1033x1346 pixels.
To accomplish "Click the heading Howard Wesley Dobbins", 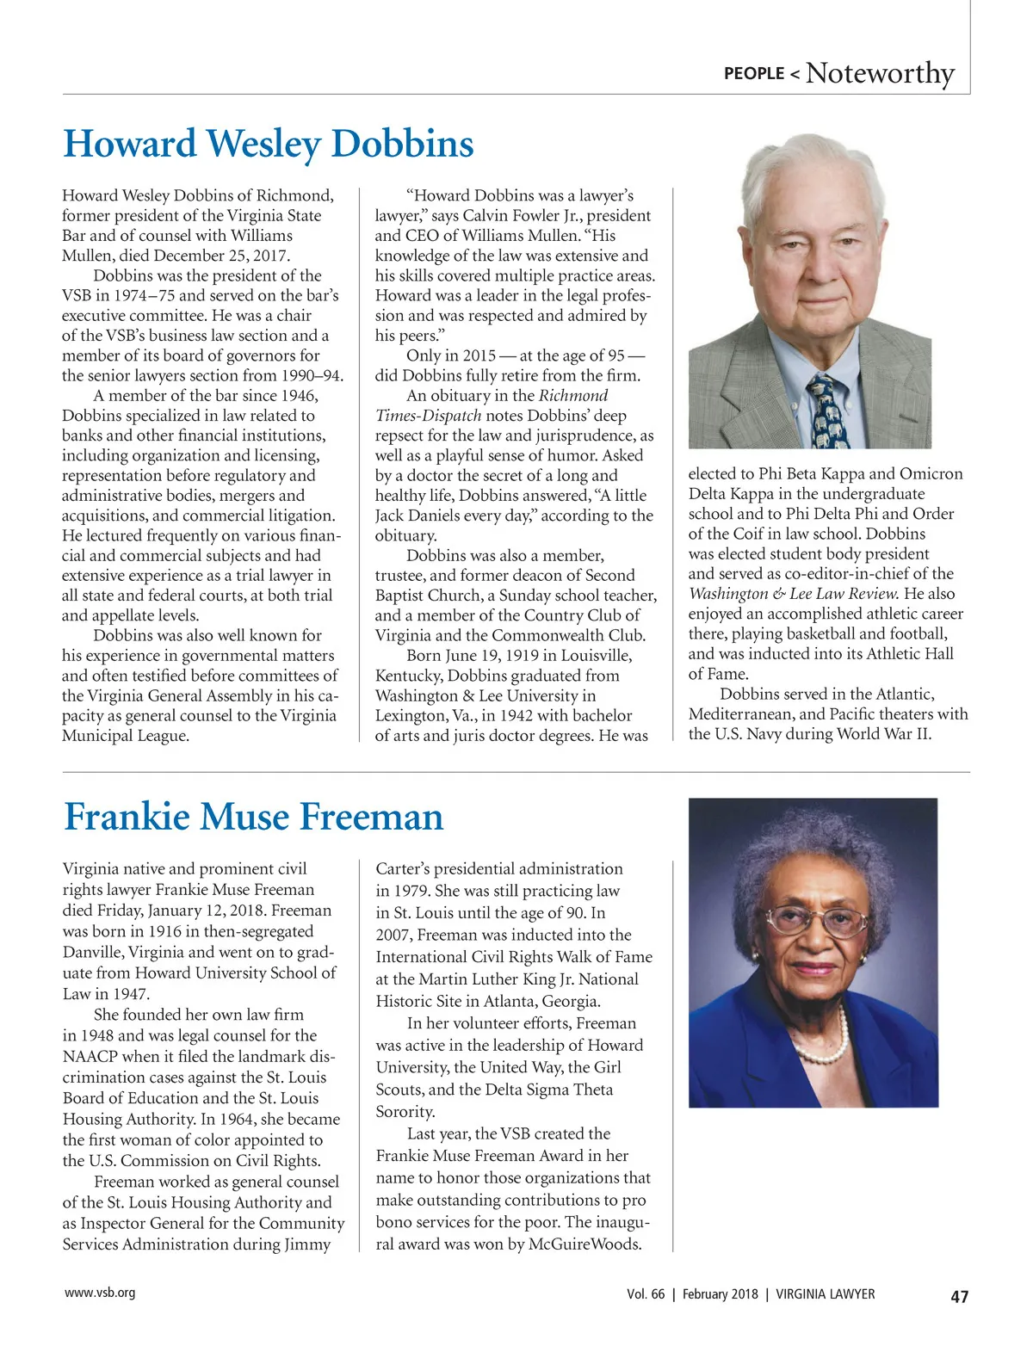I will (x=269, y=144).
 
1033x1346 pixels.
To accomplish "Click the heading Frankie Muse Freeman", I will (x=254, y=817).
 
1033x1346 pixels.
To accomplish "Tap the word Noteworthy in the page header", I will (x=880, y=73).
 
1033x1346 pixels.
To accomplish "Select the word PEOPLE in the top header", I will (x=754, y=74).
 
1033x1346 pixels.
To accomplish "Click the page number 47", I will (x=959, y=1296).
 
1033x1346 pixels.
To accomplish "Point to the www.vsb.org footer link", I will (x=100, y=1293).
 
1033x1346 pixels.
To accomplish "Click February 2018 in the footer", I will (x=721, y=1294).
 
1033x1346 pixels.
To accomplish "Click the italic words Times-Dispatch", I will (x=428, y=416).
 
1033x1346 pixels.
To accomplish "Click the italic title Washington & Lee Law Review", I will (x=794, y=594).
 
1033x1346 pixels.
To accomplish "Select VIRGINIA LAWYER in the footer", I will (x=826, y=1294).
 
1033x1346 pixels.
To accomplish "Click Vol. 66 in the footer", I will (x=646, y=1294).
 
